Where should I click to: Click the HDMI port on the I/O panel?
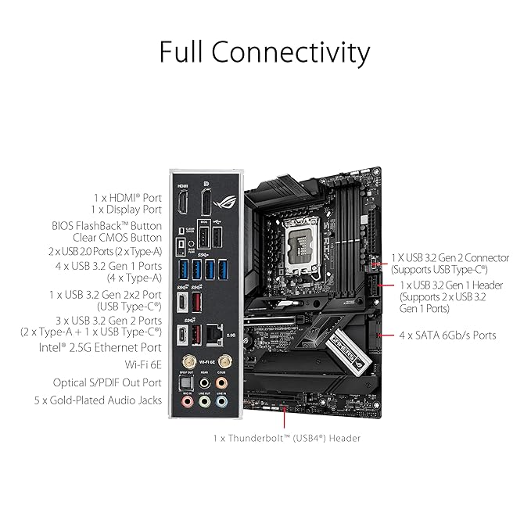182,203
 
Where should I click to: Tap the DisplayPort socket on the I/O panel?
206,203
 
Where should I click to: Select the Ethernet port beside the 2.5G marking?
214,335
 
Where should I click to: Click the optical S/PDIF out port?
186,383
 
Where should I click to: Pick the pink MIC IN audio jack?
187,402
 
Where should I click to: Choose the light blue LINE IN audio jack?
221,402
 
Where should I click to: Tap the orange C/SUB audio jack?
221,383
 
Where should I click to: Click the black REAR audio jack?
204,383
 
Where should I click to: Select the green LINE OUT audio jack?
204,402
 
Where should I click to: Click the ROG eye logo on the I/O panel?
224,203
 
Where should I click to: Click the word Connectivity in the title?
291,52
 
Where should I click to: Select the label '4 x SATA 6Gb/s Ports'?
447,335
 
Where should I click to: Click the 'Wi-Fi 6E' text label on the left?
143,364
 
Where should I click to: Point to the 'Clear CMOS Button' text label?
117,238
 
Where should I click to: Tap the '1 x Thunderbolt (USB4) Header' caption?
287,438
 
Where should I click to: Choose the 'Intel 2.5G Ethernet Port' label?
100,348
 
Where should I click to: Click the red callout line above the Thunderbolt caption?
285,418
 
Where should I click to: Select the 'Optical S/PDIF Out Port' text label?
107,382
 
